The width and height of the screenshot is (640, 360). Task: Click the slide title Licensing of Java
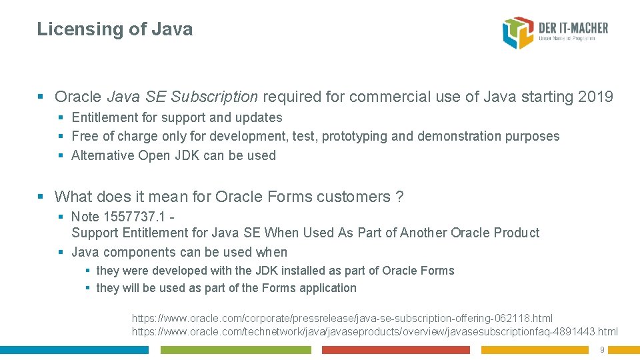115,29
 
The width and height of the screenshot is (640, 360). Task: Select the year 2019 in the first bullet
595,97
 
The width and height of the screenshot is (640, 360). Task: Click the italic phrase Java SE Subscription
182,97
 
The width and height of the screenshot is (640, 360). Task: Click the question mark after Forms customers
399,197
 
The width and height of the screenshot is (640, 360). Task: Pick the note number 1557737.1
134,217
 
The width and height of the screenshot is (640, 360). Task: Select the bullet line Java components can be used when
179,253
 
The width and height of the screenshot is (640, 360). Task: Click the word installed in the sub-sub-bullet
304,271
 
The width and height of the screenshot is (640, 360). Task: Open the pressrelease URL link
342,319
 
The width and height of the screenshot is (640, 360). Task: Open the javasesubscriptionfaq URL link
375,331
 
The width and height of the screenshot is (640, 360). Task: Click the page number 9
602,350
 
